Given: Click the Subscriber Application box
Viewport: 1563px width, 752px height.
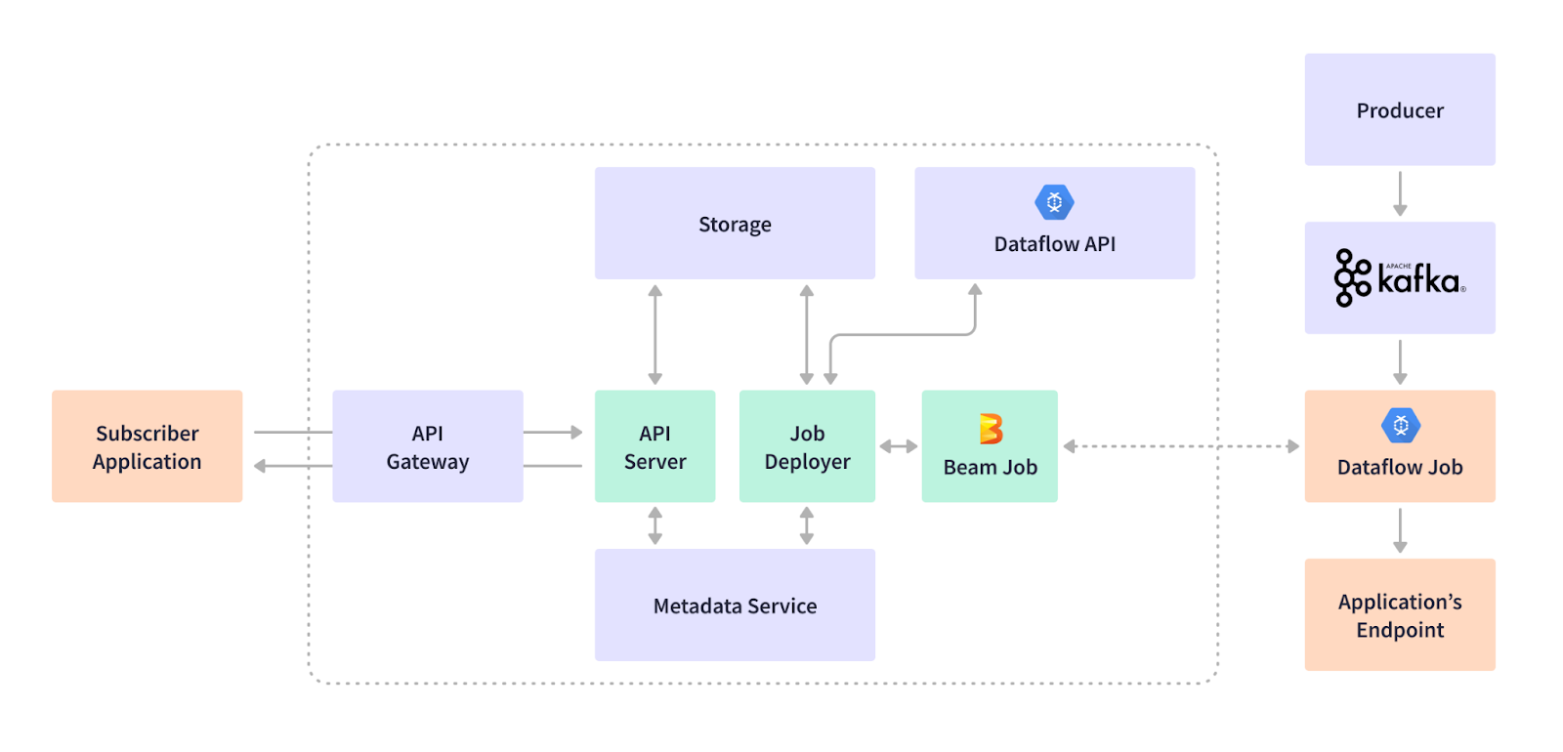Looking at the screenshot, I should coord(147,446).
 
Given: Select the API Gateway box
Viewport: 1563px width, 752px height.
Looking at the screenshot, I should coord(427,446).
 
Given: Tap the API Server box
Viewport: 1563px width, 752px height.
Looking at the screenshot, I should coord(655,446).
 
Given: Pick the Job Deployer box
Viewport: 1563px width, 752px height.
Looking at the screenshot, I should coord(807,446).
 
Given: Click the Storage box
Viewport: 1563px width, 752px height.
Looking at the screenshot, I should coord(735,224).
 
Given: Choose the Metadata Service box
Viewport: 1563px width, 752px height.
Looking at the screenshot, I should coord(735,606).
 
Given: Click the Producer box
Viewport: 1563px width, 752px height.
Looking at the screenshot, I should coord(1399,109).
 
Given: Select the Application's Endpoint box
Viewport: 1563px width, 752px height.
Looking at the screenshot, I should coord(1399,614).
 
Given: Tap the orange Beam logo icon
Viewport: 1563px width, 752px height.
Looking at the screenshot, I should coord(991,428).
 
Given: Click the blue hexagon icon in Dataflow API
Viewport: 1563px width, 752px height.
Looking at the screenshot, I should coord(1054,202).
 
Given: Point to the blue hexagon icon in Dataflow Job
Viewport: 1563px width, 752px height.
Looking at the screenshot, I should coord(1400,426).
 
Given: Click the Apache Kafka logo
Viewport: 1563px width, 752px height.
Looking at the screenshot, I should coord(1399,277).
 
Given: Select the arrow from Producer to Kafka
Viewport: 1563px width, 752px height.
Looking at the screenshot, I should coord(1400,193).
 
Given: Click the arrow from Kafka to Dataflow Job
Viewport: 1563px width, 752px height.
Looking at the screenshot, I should coord(1400,361).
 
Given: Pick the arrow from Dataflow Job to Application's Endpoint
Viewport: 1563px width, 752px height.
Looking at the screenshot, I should coord(1400,530).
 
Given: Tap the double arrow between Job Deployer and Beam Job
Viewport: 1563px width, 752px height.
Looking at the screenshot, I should coord(898,446).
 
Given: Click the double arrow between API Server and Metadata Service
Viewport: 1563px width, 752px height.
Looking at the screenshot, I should coord(655,525).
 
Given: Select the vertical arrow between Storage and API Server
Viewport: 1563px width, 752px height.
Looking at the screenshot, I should coord(655,334).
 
